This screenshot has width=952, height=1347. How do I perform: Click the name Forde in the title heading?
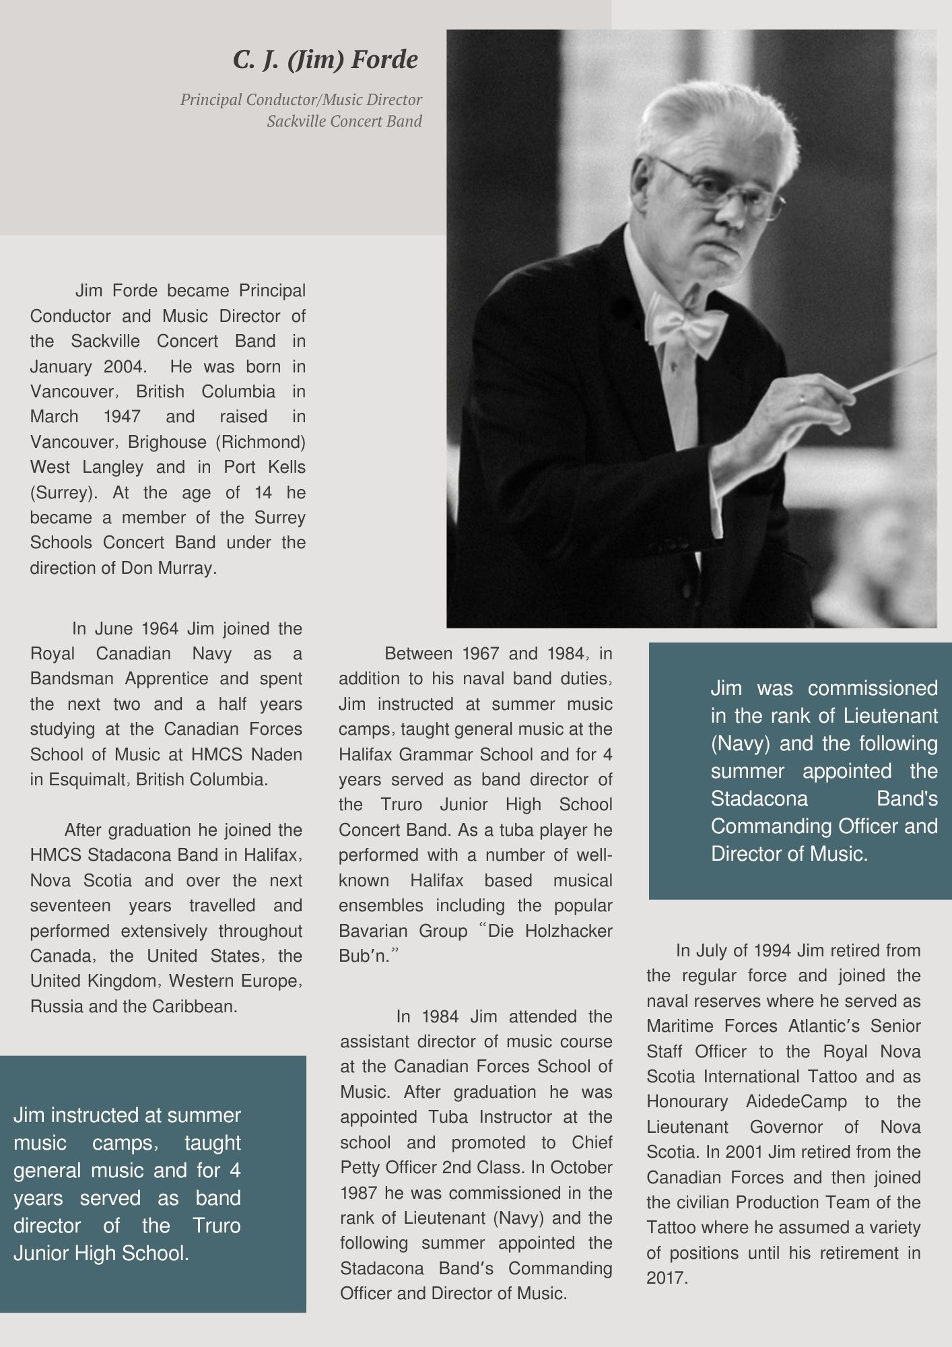click(386, 61)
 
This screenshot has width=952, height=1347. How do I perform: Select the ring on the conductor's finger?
click(801, 399)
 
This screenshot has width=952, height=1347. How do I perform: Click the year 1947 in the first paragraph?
click(121, 417)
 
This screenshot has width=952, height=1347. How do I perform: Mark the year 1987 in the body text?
click(359, 1193)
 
